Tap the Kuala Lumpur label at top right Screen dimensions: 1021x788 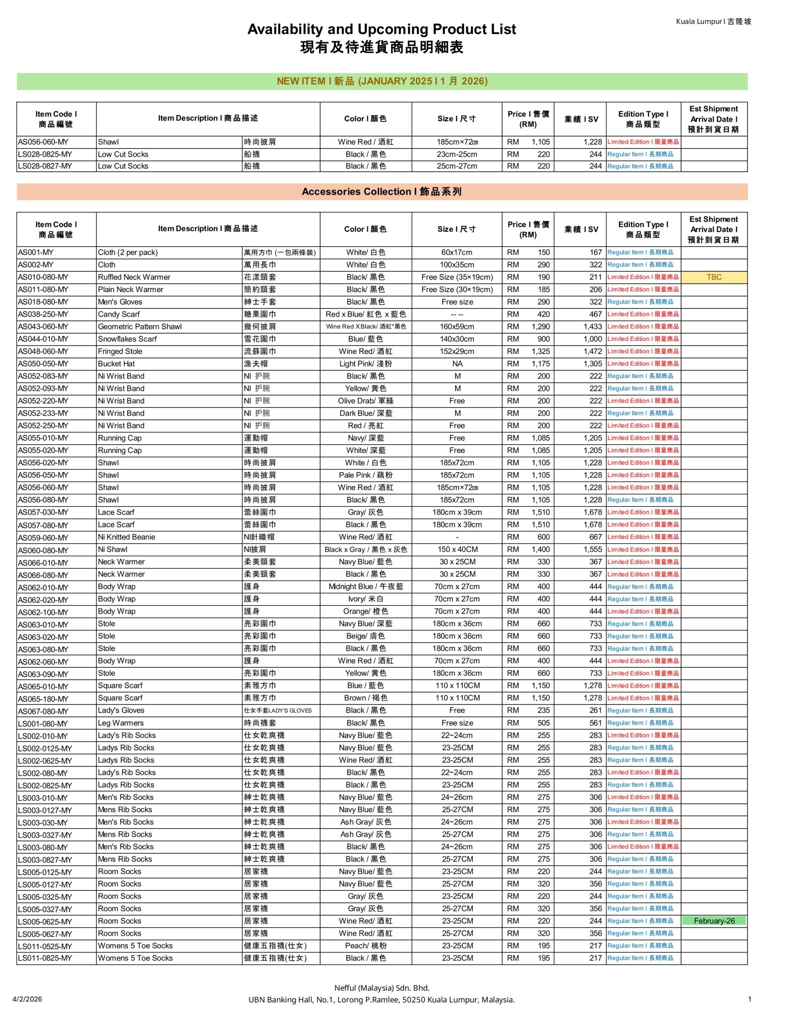[x=713, y=22]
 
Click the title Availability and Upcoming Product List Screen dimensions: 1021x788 [x=381, y=30]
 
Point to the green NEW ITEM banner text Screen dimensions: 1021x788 [x=382, y=81]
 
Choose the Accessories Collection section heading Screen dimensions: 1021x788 [x=382, y=192]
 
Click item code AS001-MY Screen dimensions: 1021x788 [x=36, y=252]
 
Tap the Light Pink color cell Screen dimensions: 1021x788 [x=365, y=364]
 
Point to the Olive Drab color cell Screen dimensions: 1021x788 [x=365, y=401]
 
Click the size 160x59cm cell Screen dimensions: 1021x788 [x=457, y=327]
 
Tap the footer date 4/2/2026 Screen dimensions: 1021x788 [x=27, y=999]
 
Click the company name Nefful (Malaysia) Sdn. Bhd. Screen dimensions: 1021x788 [x=381, y=988]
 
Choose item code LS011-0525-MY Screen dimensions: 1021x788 [x=45, y=946]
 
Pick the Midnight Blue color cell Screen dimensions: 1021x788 [x=365, y=587]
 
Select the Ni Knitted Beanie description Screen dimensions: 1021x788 [x=126, y=537]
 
